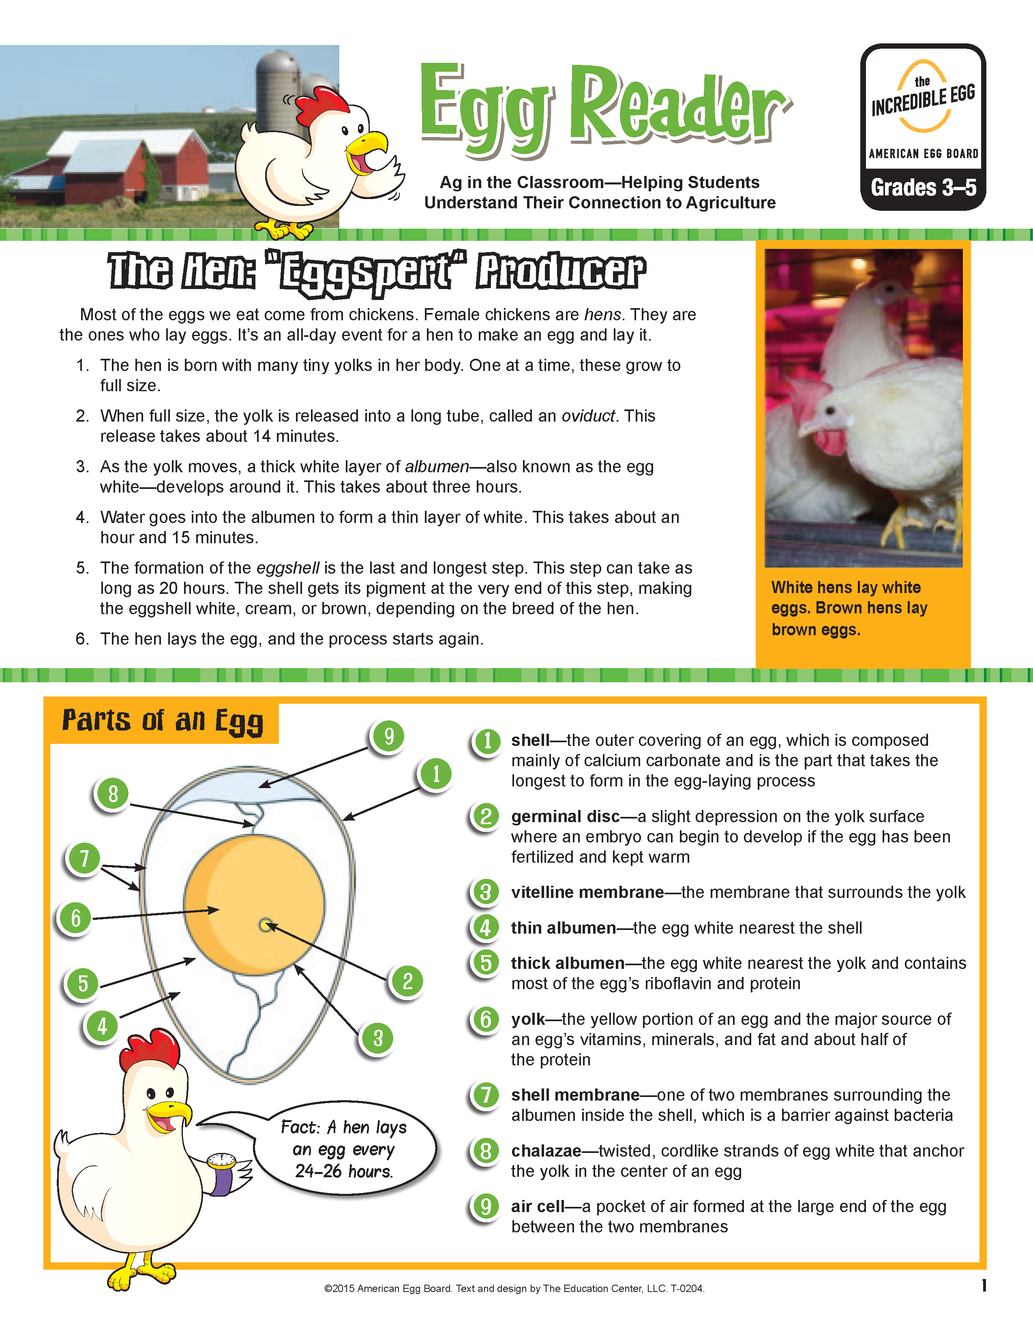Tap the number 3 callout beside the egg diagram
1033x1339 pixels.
point(377,1038)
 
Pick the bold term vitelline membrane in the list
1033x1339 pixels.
point(587,892)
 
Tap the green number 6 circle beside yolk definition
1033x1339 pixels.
point(486,1020)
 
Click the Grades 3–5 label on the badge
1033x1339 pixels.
point(923,188)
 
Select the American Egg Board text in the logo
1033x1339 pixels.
point(923,153)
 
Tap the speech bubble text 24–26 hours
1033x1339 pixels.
point(343,1172)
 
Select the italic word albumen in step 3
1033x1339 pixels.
point(437,467)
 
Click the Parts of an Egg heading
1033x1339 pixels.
point(163,721)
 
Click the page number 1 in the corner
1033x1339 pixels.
point(984,1285)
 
